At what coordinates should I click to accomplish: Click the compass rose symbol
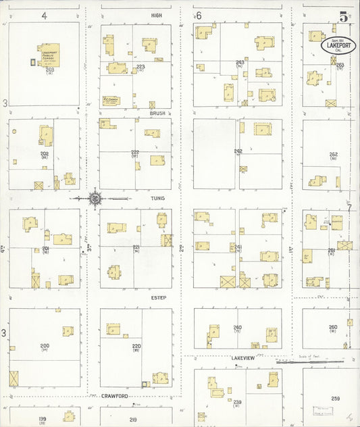point(95,198)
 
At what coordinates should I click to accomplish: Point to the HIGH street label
point(157,14)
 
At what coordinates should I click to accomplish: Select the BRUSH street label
point(158,114)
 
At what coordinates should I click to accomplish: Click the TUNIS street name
point(157,199)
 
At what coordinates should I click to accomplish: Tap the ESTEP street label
point(159,297)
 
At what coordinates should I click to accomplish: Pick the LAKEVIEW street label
point(241,357)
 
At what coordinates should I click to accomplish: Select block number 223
point(140,66)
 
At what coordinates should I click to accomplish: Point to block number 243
point(240,62)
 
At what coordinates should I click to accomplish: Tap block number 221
point(136,247)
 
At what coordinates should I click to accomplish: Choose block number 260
point(333,328)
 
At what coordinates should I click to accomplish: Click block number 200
point(45,345)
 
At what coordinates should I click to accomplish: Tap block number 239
point(237,402)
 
